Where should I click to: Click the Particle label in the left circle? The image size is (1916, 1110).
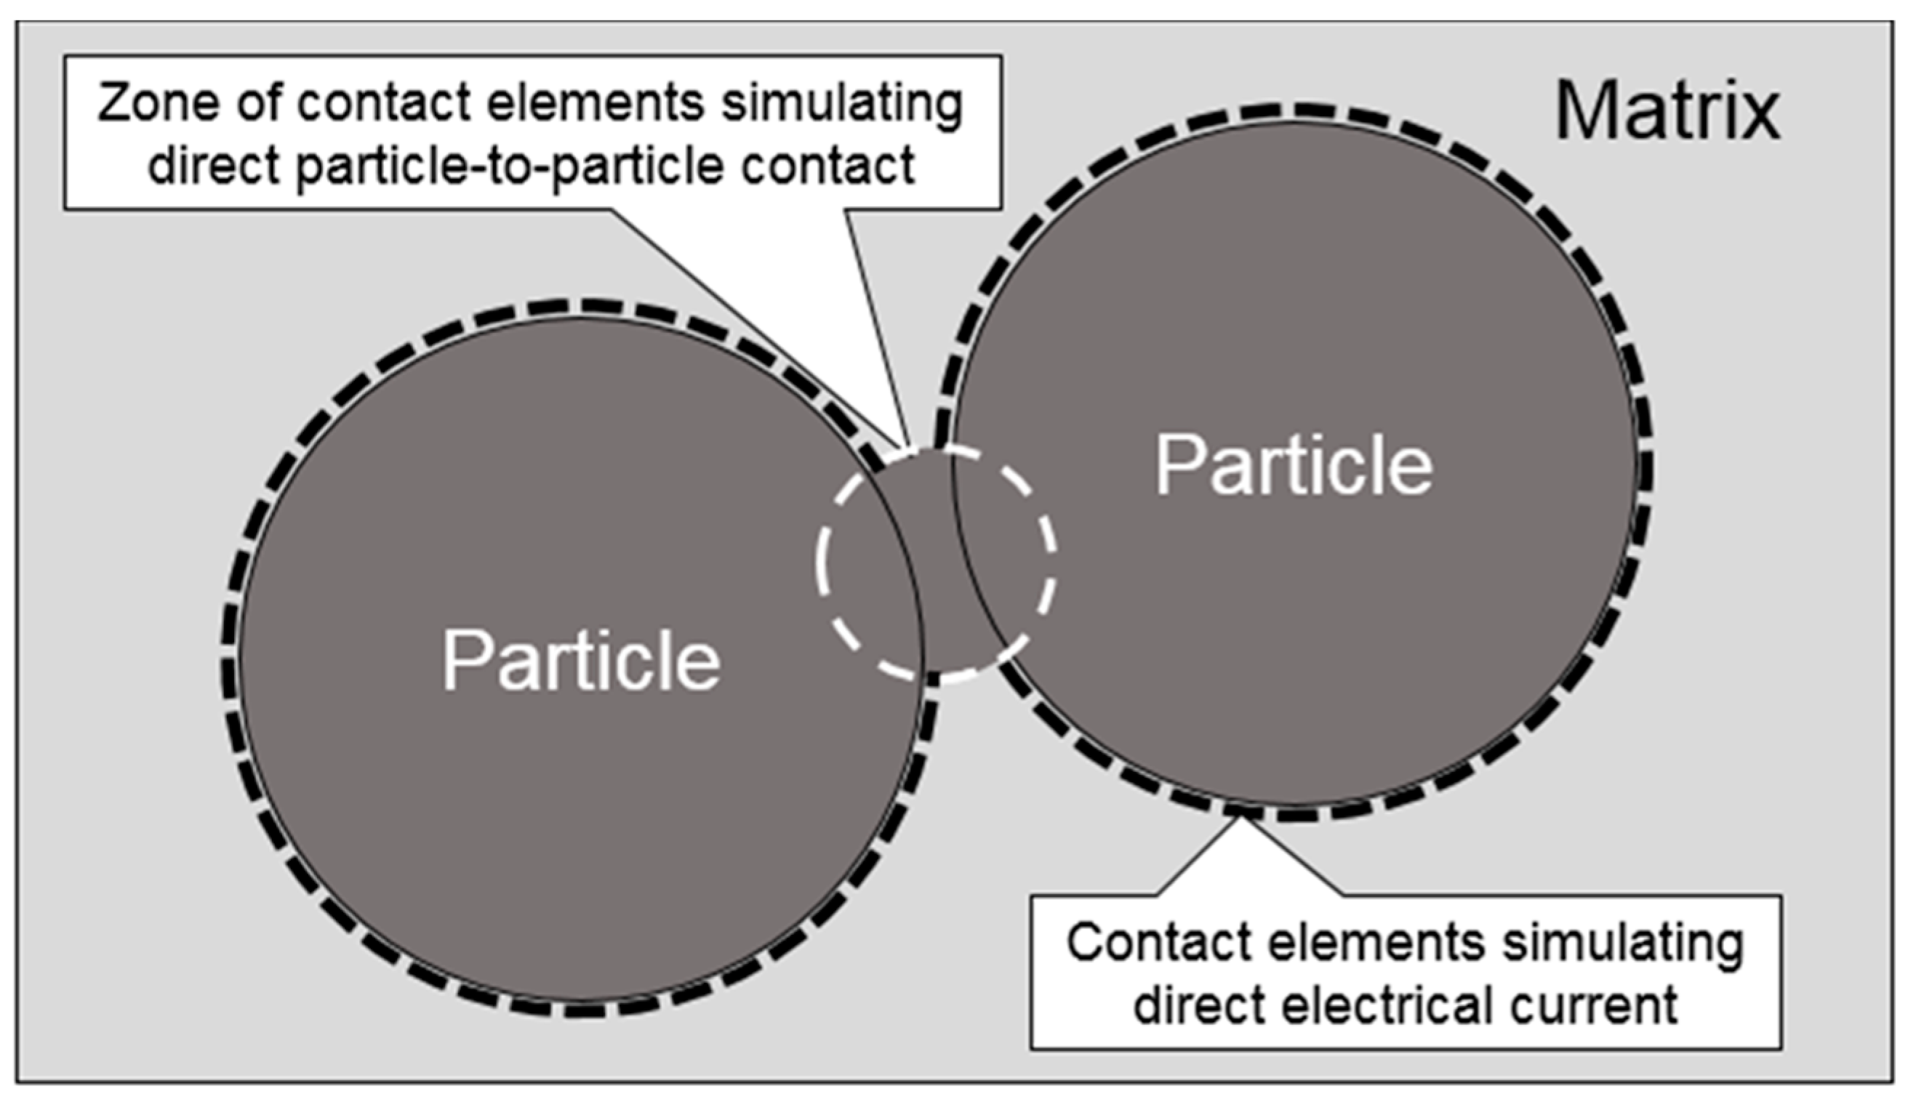(x=582, y=660)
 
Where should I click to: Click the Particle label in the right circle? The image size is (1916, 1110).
(x=1294, y=465)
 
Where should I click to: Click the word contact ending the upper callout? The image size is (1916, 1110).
(x=828, y=166)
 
